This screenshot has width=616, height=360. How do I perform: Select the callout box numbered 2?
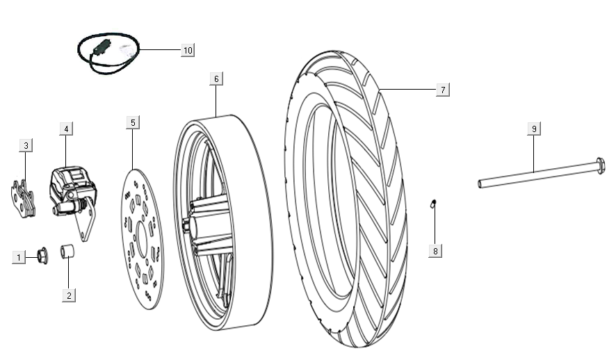point(68,295)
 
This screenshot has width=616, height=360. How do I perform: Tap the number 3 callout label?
point(26,145)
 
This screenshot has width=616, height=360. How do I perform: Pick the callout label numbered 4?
point(65,129)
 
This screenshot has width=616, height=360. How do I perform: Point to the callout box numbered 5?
point(133,122)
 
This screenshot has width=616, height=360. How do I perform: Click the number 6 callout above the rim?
point(216,79)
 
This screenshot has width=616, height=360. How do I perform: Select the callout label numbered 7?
point(441,90)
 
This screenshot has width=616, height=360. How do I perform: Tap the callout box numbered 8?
point(435,250)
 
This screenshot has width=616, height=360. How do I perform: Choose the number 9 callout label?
point(533,129)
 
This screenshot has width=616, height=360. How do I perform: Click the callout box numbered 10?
point(187,50)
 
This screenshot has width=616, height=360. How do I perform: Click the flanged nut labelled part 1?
point(41,256)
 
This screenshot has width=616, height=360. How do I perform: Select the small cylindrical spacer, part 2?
point(68,251)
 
